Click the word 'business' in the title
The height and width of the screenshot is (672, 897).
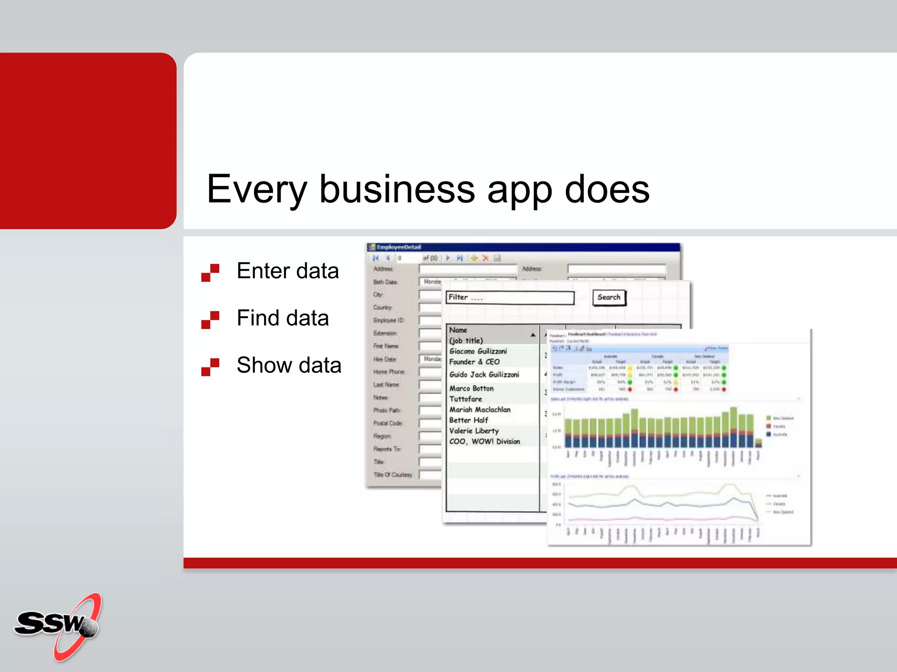pyautogui.click(x=397, y=189)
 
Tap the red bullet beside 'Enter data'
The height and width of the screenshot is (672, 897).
pyautogui.click(x=210, y=272)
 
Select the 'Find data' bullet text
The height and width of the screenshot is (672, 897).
pyautogui.click(x=283, y=318)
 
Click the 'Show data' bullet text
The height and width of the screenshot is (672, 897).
pyautogui.click(x=289, y=365)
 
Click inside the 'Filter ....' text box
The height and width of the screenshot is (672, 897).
pyautogui.click(x=510, y=297)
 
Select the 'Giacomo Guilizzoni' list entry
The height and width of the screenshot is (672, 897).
pyautogui.click(x=478, y=351)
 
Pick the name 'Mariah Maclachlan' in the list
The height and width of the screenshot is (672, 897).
pyautogui.click(x=480, y=409)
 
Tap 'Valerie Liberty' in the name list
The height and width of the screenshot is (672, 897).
pyautogui.click(x=474, y=431)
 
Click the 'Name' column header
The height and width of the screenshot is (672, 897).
pyautogui.click(x=458, y=330)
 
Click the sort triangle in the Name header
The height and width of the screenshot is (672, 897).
pyautogui.click(x=533, y=335)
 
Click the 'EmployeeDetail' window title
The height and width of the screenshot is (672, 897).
pyautogui.click(x=399, y=247)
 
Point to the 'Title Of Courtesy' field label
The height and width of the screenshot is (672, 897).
pyautogui.click(x=393, y=475)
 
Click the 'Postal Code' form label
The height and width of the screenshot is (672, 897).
pyautogui.click(x=388, y=423)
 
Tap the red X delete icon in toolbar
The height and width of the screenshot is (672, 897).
pyautogui.click(x=485, y=258)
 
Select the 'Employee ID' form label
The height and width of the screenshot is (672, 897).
pyautogui.click(x=388, y=320)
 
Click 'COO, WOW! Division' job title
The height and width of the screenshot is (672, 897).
pyautogui.click(x=484, y=441)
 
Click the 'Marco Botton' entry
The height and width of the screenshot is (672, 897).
pyautogui.click(x=471, y=388)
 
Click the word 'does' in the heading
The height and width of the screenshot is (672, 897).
pyautogui.click(x=607, y=189)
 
